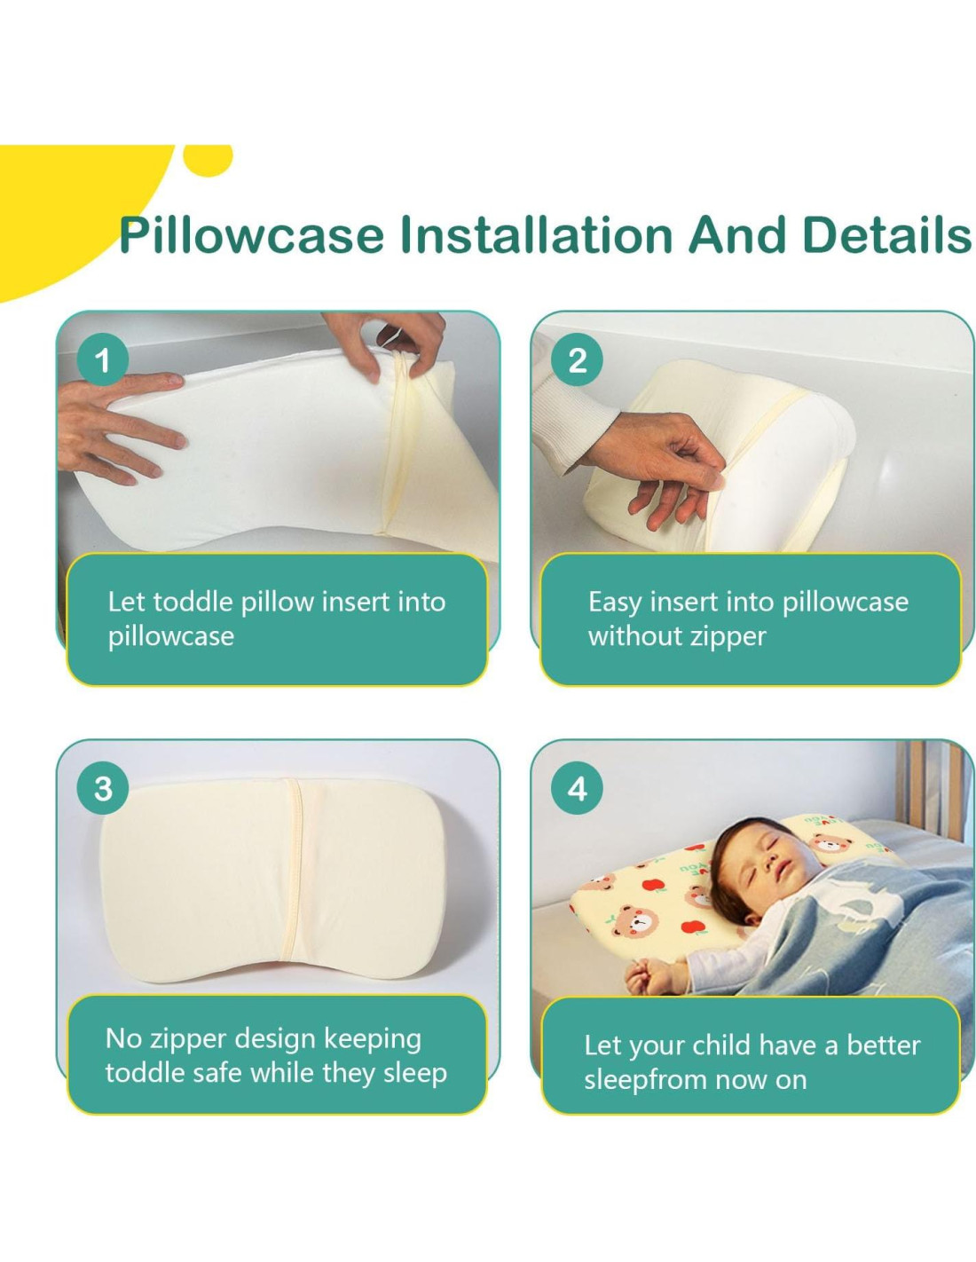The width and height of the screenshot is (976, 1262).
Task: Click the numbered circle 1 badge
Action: [103, 359]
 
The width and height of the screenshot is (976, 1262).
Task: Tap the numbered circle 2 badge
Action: [577, 359]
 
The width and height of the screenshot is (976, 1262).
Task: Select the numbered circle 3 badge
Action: [103, 788]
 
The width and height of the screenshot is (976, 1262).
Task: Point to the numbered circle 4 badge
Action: [577, 788]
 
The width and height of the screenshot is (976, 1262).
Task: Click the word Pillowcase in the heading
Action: [251, 234]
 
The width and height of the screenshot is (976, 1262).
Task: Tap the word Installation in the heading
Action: [537, 233]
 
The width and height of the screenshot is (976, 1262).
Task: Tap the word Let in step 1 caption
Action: [126, 602]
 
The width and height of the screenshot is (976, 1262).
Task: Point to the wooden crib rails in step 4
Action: [933, 790]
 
